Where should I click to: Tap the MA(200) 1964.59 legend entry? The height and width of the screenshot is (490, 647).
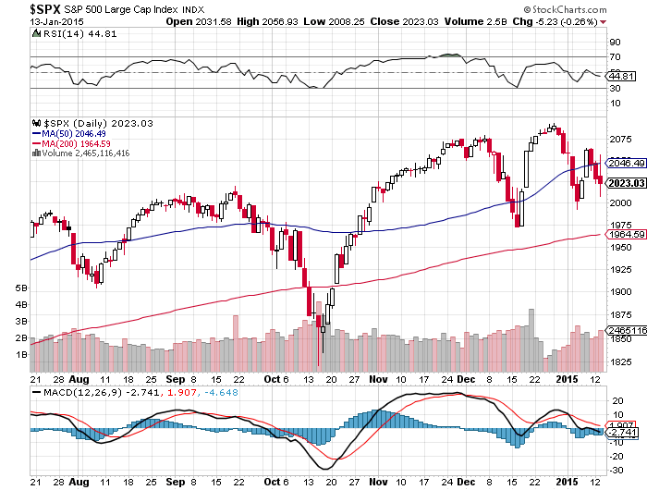[x=73, y=144]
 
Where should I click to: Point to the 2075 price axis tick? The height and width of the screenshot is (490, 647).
[x=620, y=140]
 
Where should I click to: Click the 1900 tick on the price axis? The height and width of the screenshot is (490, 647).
[x=620, y=291]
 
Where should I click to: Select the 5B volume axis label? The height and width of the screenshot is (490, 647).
[x=21, y=288]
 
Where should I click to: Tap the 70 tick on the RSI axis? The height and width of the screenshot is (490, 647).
[x=614, y=57]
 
